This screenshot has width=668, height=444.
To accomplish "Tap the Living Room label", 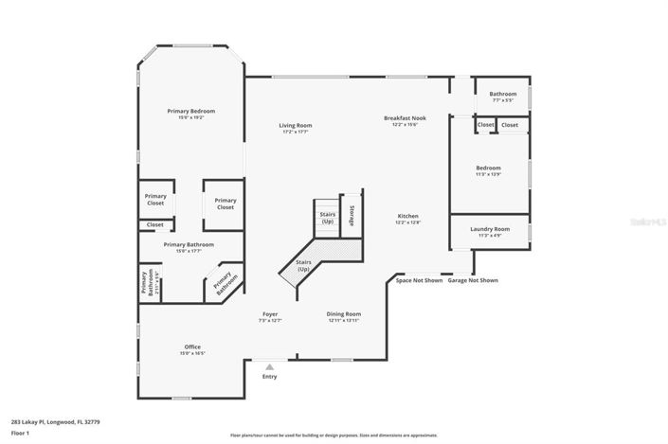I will (x=295, y=126).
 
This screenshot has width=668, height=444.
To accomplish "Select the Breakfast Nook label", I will (x=405, y=119).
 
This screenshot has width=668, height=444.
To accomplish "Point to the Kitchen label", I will (x=407, y=217).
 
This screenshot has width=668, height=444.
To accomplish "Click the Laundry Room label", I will (x=489, y=229).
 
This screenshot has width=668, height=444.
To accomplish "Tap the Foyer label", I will (x=270, y=314).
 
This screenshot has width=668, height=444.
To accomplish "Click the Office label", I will (x=192, y=347).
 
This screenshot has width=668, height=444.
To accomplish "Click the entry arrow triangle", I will (x=269, y=366).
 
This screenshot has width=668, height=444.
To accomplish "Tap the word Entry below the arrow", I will (x=269, y=376).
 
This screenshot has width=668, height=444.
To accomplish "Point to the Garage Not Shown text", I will (x=473, y=280).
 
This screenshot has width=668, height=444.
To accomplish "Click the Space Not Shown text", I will (x=419, y=280).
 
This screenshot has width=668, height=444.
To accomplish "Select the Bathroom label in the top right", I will (x=502, y=94).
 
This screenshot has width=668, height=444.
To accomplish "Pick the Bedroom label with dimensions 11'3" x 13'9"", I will (x=488, y=169).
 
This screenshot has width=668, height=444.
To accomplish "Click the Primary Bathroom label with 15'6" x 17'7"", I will (x=189, y=245).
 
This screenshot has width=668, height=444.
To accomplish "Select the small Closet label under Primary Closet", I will (x=154, y=224).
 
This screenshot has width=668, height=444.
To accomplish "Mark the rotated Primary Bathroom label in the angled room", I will (x=224, y=282).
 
